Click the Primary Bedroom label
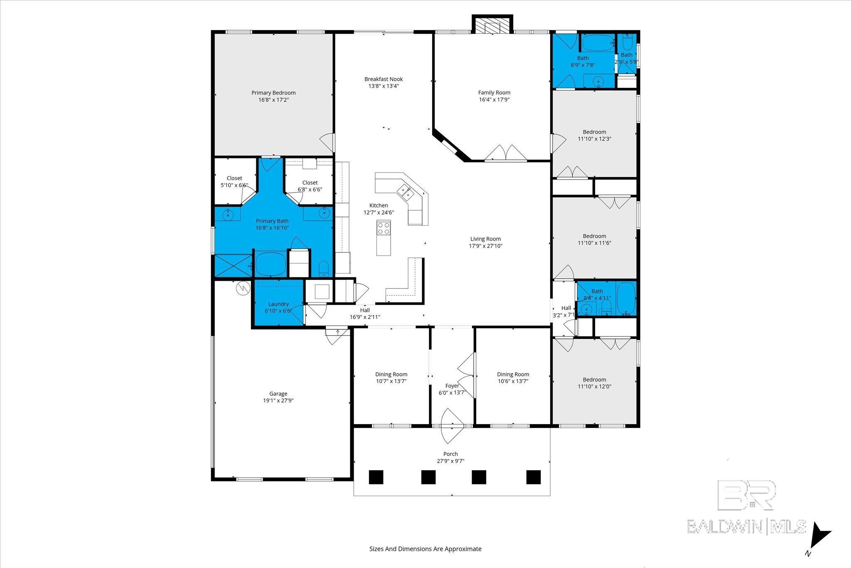point(273,93)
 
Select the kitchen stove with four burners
point(384,228)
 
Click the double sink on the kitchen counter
point(405,192)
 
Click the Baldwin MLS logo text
point(746,526)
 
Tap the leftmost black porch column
point(376,477)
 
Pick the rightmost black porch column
point(533,477)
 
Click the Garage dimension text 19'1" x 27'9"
point(278,401)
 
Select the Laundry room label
point(278,304)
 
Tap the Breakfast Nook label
point(383,79)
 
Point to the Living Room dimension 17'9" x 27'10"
point(485,246)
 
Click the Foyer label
point(452,386)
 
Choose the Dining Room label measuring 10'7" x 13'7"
point(391,374)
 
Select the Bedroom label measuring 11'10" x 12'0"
point(594,380)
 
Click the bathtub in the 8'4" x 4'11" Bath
point(626,298)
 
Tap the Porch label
point(450,454)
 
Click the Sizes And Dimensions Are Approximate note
point(425,549)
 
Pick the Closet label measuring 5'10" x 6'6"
point(234,178)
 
